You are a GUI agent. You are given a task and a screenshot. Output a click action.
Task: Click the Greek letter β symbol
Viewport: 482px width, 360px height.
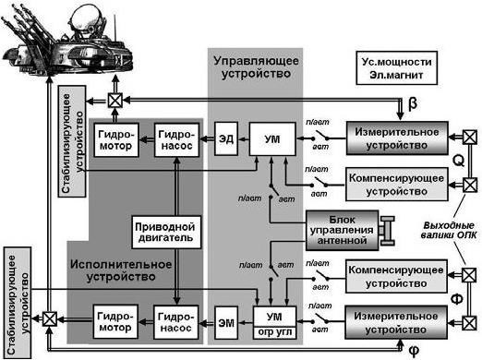click(412, 104)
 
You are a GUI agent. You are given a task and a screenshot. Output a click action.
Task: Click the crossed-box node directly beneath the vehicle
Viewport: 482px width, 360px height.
click(116, 100)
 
